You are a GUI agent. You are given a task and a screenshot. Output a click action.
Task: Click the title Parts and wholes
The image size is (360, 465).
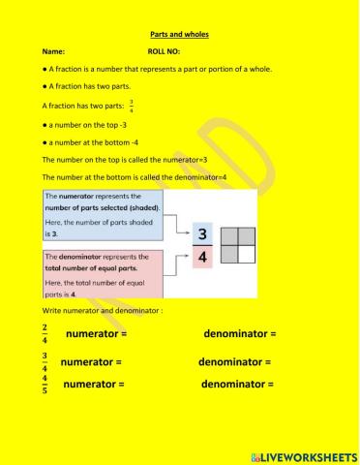[180, 35]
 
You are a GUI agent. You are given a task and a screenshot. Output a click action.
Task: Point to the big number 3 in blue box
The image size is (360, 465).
[202, 235]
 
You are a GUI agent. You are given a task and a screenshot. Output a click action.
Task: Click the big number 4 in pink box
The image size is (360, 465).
[202, 263]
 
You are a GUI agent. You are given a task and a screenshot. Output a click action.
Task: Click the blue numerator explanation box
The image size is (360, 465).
[105, 214]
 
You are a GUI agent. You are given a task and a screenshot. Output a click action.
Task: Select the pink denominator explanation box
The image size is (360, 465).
[105, 275]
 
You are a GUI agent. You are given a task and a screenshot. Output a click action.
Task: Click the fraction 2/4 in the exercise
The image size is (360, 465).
[45, 334]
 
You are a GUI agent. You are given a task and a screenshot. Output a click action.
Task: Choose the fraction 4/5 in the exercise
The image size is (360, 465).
[45, 385]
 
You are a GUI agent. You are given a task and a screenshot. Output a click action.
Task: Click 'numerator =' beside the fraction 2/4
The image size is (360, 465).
[97, 334]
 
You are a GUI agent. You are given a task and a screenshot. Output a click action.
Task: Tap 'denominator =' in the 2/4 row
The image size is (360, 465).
[240, 334]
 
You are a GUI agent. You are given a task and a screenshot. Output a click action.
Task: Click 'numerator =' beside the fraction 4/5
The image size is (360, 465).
[94, 385]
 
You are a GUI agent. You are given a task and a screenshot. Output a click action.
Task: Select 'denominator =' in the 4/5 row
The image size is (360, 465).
[237, 385]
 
